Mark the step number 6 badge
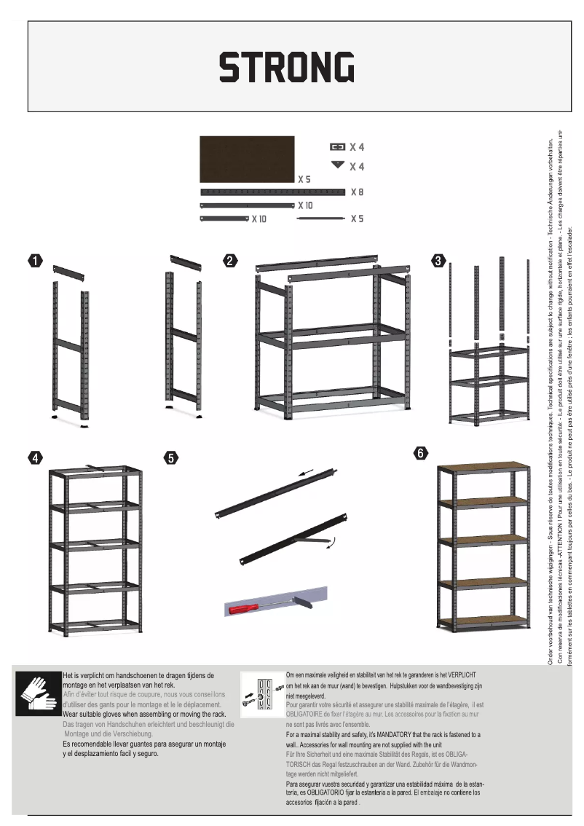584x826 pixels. pos(421,453)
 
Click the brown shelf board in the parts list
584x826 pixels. pos(247,159)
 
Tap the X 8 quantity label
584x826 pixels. pos(357,192)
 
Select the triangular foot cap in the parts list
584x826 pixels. pos(336,165)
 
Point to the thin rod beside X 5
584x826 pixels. pos(321,219)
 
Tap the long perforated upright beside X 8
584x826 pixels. pos(271,192)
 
